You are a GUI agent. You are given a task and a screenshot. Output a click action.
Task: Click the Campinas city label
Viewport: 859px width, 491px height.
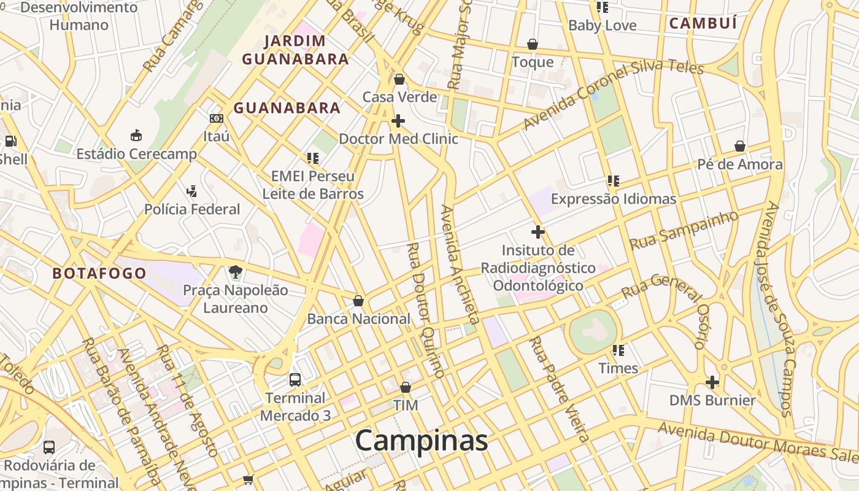[x=422, y=441]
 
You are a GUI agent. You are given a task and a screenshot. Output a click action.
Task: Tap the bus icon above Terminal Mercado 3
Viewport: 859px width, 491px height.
[x=295, y=379]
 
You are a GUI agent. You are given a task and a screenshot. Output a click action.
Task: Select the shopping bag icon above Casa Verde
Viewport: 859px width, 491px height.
[x=399, y=79]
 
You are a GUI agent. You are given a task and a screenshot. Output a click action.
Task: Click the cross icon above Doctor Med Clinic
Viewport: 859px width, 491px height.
[x=398, y=120]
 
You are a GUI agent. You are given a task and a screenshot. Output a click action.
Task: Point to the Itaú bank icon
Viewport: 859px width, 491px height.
[x=216, y=118]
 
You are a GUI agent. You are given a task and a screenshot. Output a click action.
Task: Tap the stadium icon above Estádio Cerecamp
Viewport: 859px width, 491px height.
[x=136, y=135]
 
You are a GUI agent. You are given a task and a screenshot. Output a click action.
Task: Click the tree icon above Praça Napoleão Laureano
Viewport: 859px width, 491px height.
[x=235, y=271]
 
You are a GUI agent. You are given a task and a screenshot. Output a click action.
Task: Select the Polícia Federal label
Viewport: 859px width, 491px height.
[x=192, y=209]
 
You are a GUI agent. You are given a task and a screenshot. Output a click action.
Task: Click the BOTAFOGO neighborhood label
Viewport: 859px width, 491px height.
[x=99, y=273]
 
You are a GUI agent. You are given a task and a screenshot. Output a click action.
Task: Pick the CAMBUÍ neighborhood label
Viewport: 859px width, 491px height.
[x=703, y=23]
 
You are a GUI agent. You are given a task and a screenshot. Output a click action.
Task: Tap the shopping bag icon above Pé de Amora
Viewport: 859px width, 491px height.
[x=740, y=146]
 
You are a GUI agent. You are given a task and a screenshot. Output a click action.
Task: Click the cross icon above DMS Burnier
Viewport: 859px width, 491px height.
[x=712, y=382]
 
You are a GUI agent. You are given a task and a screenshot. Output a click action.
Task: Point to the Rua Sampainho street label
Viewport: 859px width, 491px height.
[x=684, y=230]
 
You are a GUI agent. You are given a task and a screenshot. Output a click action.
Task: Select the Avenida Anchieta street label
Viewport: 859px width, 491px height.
[x=460, y=264]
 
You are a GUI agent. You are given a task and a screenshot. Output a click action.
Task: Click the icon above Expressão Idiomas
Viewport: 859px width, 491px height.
[x=613, y=181]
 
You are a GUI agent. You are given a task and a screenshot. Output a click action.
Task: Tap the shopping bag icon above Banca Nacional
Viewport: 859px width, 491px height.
[x=358, y=301]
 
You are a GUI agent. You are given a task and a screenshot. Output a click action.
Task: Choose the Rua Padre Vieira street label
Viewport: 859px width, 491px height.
[x=559, y=389]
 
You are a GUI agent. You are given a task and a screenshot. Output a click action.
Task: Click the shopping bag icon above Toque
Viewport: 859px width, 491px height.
[x=533, y=44]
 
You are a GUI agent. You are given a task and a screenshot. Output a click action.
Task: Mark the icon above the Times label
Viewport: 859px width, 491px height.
[x=618, y=350]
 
